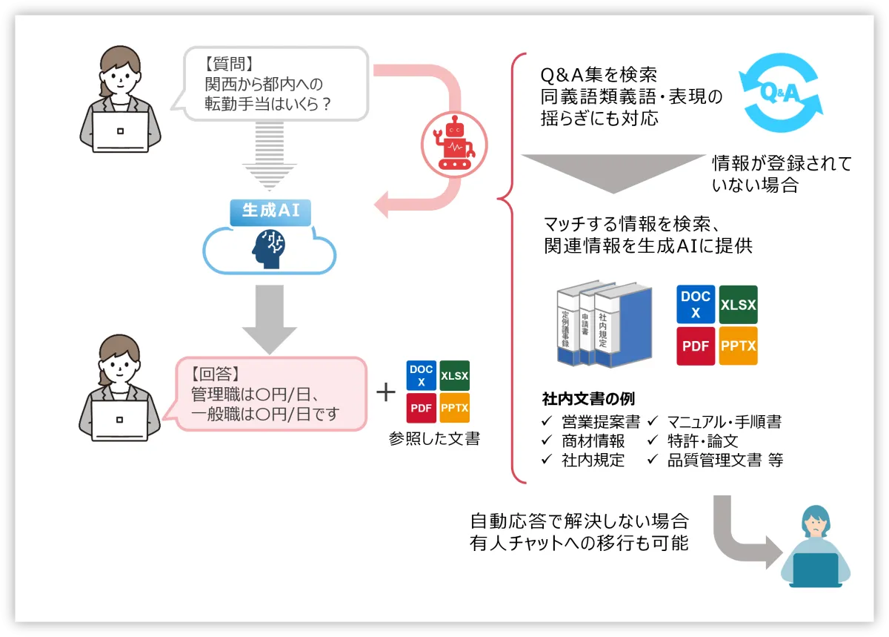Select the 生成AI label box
point(270,210)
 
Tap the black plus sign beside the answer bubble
point(386,392)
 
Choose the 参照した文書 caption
point(434,438)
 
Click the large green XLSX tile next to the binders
point(738,304)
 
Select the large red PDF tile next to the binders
point(696,346)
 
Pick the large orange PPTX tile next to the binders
point(738,346)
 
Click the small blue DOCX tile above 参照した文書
point(421,375)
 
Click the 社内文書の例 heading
point(588,400)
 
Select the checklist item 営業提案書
point(600,423)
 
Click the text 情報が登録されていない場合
point(781,174)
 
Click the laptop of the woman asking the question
point(121,132)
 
